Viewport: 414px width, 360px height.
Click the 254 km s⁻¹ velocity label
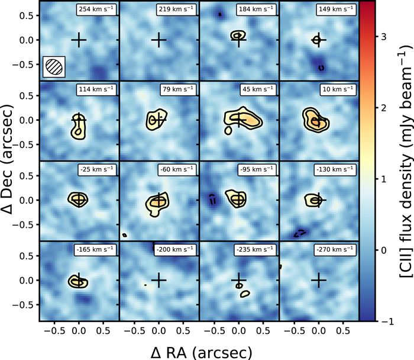tap(96, 9)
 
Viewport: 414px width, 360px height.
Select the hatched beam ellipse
tap(54, 66)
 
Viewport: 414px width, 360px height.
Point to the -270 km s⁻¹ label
tap(335, 250)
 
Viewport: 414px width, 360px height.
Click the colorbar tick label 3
tap(384, 37)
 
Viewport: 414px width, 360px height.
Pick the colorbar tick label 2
tap(384, 108)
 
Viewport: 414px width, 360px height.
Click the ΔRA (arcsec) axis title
tap(201, 353)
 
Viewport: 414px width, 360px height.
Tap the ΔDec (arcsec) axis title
tap(7, 159)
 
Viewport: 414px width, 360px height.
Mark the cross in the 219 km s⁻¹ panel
tap(159, 40)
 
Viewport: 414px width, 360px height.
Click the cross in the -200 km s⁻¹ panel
tap(159, 280)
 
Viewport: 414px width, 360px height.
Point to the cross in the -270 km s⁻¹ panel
tap(319, 280)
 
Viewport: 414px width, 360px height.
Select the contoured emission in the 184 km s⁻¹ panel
tap(238, 35)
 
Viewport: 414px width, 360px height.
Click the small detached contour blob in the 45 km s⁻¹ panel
tap(228, 131)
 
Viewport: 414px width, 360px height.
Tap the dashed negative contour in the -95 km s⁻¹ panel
tap(212, 200)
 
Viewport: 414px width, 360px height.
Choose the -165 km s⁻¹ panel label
tap(95, 250)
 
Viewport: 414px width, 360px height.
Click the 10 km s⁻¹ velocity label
tap(338, 89)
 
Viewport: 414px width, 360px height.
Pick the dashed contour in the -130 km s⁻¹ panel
tap(300, 233)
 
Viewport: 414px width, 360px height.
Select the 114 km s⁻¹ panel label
tap(96, 89)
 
